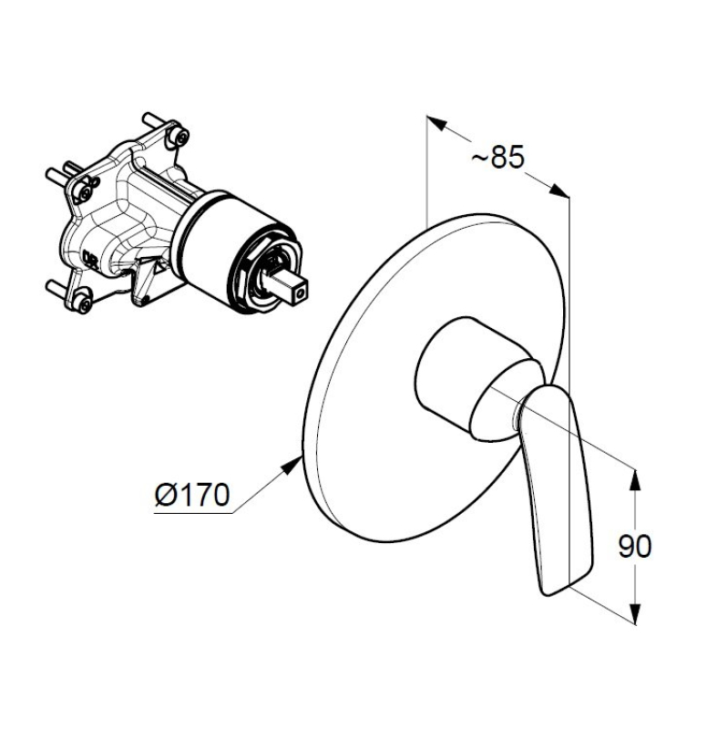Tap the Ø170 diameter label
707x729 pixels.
tap(192, 494)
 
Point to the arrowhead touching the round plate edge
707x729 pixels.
tap(292, 466)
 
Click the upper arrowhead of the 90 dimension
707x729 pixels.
tap(635, 480)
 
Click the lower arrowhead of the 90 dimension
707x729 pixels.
tap(635, 613)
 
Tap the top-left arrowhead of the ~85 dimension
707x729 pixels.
tap(437, 123)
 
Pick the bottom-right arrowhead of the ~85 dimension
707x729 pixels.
tap(559, 190)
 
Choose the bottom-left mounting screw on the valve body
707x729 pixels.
tap(83, 303)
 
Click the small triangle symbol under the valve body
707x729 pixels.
tap(159, 267)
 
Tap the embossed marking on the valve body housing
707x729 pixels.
tap(89, 256)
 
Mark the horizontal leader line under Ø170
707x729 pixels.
tap(193, 513)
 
